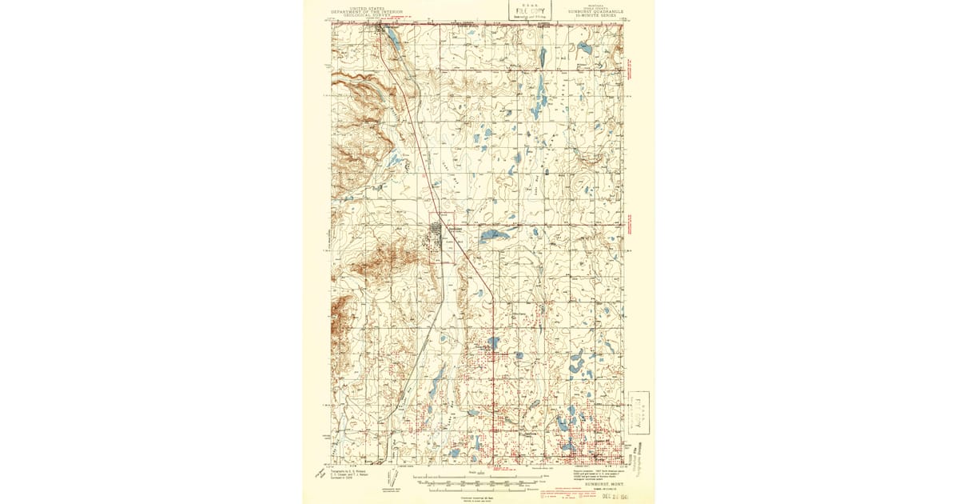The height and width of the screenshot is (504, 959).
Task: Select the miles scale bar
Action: pyautogui.click(x=472, y=478)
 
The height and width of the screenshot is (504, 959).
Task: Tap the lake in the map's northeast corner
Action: pyautogui.click(x=585, y=48)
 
